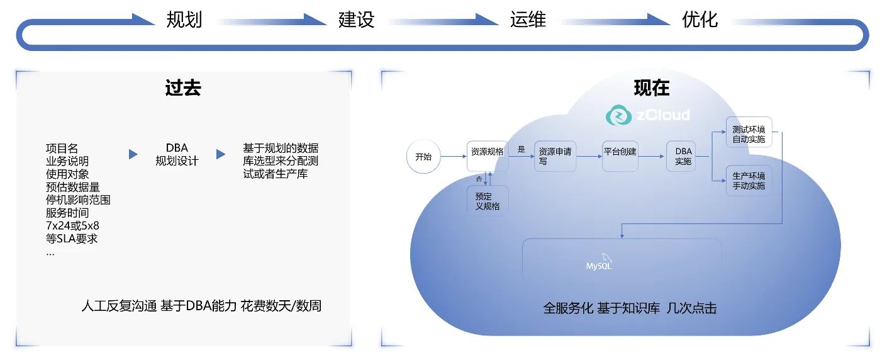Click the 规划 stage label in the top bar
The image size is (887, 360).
pyautogui.click(x=184, y=20)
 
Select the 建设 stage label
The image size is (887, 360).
pyautogui.click(x=356, y=20)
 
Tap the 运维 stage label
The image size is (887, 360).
pyautogui.click(x=528, y=20)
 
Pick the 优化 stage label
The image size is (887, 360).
pyautogui.click(x=700, y=20)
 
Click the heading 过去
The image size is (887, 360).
pyautogui.click(x=183, y=87)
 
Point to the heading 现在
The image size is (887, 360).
pyautogui.click(x=652, y=87)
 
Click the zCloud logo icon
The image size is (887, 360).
pyautogui.click(x=618, y=115)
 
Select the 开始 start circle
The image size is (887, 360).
pyautogui.click(x=423, y=157)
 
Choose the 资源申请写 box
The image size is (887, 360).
pyautogui.click(x=555, y=156)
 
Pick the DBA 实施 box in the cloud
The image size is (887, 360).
pyautogui.click(x=683, y=156)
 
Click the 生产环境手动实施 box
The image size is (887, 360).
pyautogui.click(x=749, y=181)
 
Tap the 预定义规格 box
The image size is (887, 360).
pyautogui.click(x=488, y=201)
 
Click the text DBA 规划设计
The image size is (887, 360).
pyautogui.click(x=177, y=155)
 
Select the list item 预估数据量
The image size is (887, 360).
pyautogui.click(x=72, y=187)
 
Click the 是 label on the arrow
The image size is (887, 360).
pyautogui.click(x=521, y=150)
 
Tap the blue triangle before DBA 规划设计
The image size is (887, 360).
pyautogui.click(x=133, y=154)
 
